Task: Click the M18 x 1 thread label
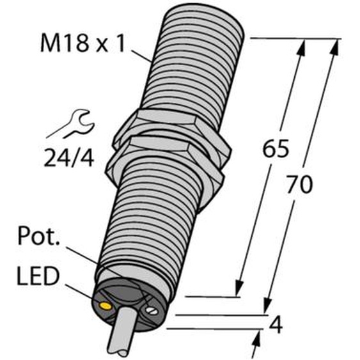(x=82, y=43)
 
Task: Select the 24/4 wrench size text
(x=69, y=158)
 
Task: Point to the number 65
(x=276, y=148)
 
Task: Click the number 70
(x=300, y=184)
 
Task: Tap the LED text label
(x=38, y=276)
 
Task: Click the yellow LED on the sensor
(x=104, y=306)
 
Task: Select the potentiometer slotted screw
(x=152, y=311)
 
